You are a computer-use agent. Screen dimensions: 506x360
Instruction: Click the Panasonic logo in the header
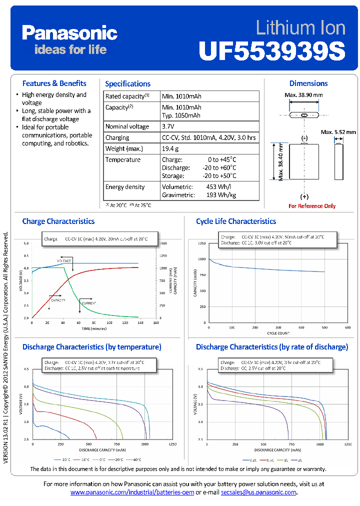(x=69, y=33)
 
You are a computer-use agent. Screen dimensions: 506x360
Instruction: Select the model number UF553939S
(x=272, y=50)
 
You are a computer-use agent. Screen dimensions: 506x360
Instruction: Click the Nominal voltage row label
(x=127, y=126)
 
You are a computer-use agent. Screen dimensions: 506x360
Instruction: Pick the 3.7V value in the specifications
(x=168, y=126)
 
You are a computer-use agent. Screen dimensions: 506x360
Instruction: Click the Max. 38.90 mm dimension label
(x=303, y=95)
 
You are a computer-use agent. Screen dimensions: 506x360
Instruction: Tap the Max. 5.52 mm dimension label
(x=338, y=132)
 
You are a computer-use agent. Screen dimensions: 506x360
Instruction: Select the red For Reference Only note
(x=312, y=206)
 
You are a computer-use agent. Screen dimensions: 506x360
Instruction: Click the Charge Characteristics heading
(x=58, y=221)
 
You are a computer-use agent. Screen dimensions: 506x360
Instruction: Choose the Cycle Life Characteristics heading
(x=236, y=221)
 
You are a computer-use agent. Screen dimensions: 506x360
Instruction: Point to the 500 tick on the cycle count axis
(x=324, y=327)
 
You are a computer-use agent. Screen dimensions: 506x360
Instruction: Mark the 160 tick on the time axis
(x=155, y=323)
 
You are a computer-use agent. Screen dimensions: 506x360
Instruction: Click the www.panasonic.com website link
(x=132, y=492)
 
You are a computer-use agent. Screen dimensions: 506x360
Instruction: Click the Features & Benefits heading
(x=54, y=83)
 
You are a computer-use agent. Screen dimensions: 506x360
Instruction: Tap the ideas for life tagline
(x=70, y=49)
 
